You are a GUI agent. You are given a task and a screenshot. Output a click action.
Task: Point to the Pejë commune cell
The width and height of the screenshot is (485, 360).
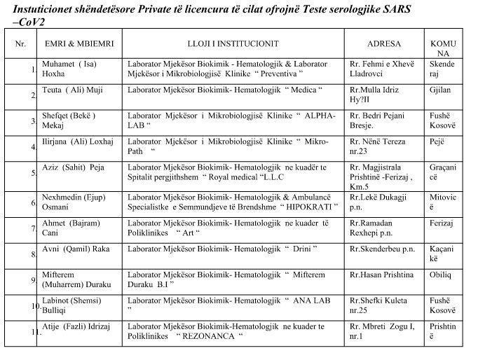(x=437, y=141)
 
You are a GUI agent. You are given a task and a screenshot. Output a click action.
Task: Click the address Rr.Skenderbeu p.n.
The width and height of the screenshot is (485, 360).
(x=381, y=248)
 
